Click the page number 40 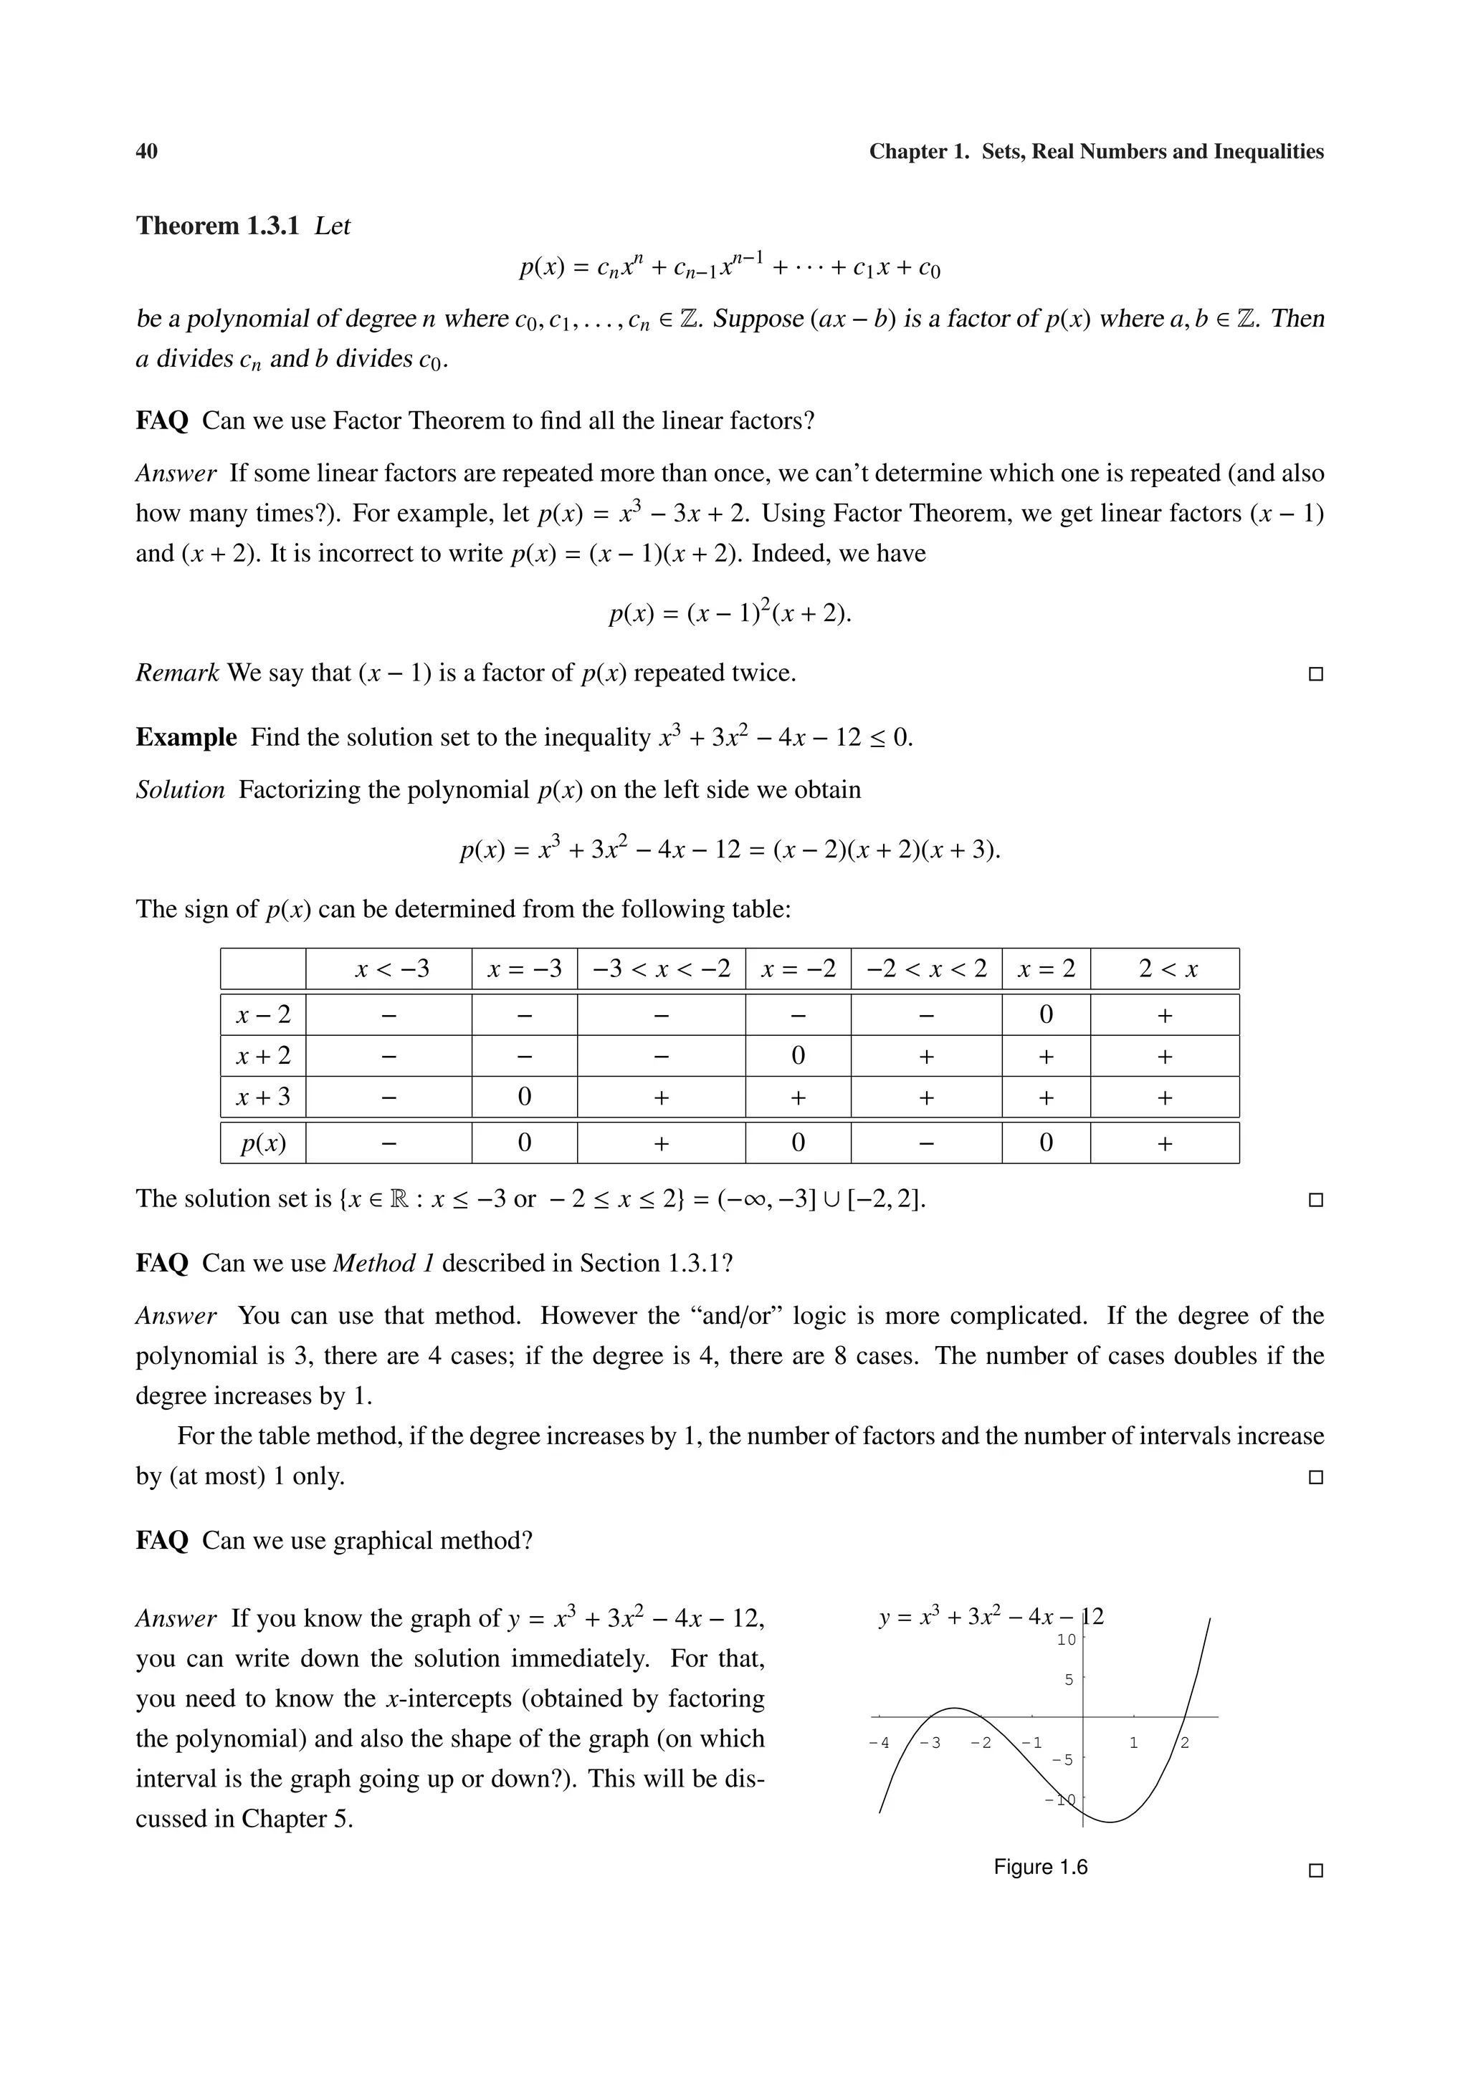[x=146, y=152]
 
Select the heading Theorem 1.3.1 [x=217, y=226]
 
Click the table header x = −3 [x=524, y=970]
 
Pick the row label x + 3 [x=263, y=1097]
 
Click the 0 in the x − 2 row [x=1046, y=1015]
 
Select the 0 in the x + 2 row [x=797, y=1056]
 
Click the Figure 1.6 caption [x=1040, y=1867]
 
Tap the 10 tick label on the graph [x=1067, y=1639]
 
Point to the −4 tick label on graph [x=878, y=1742]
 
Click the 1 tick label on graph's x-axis [x=1134, y=1742]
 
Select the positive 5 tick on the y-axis [x=1069, y=1680]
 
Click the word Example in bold [x=186, y=738]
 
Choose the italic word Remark [x=177, y=673]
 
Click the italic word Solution [x=180, y=790]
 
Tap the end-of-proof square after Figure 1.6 [x=1316, y=1870]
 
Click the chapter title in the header [x=1096, y=152]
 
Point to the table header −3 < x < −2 [x=661, y=970]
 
